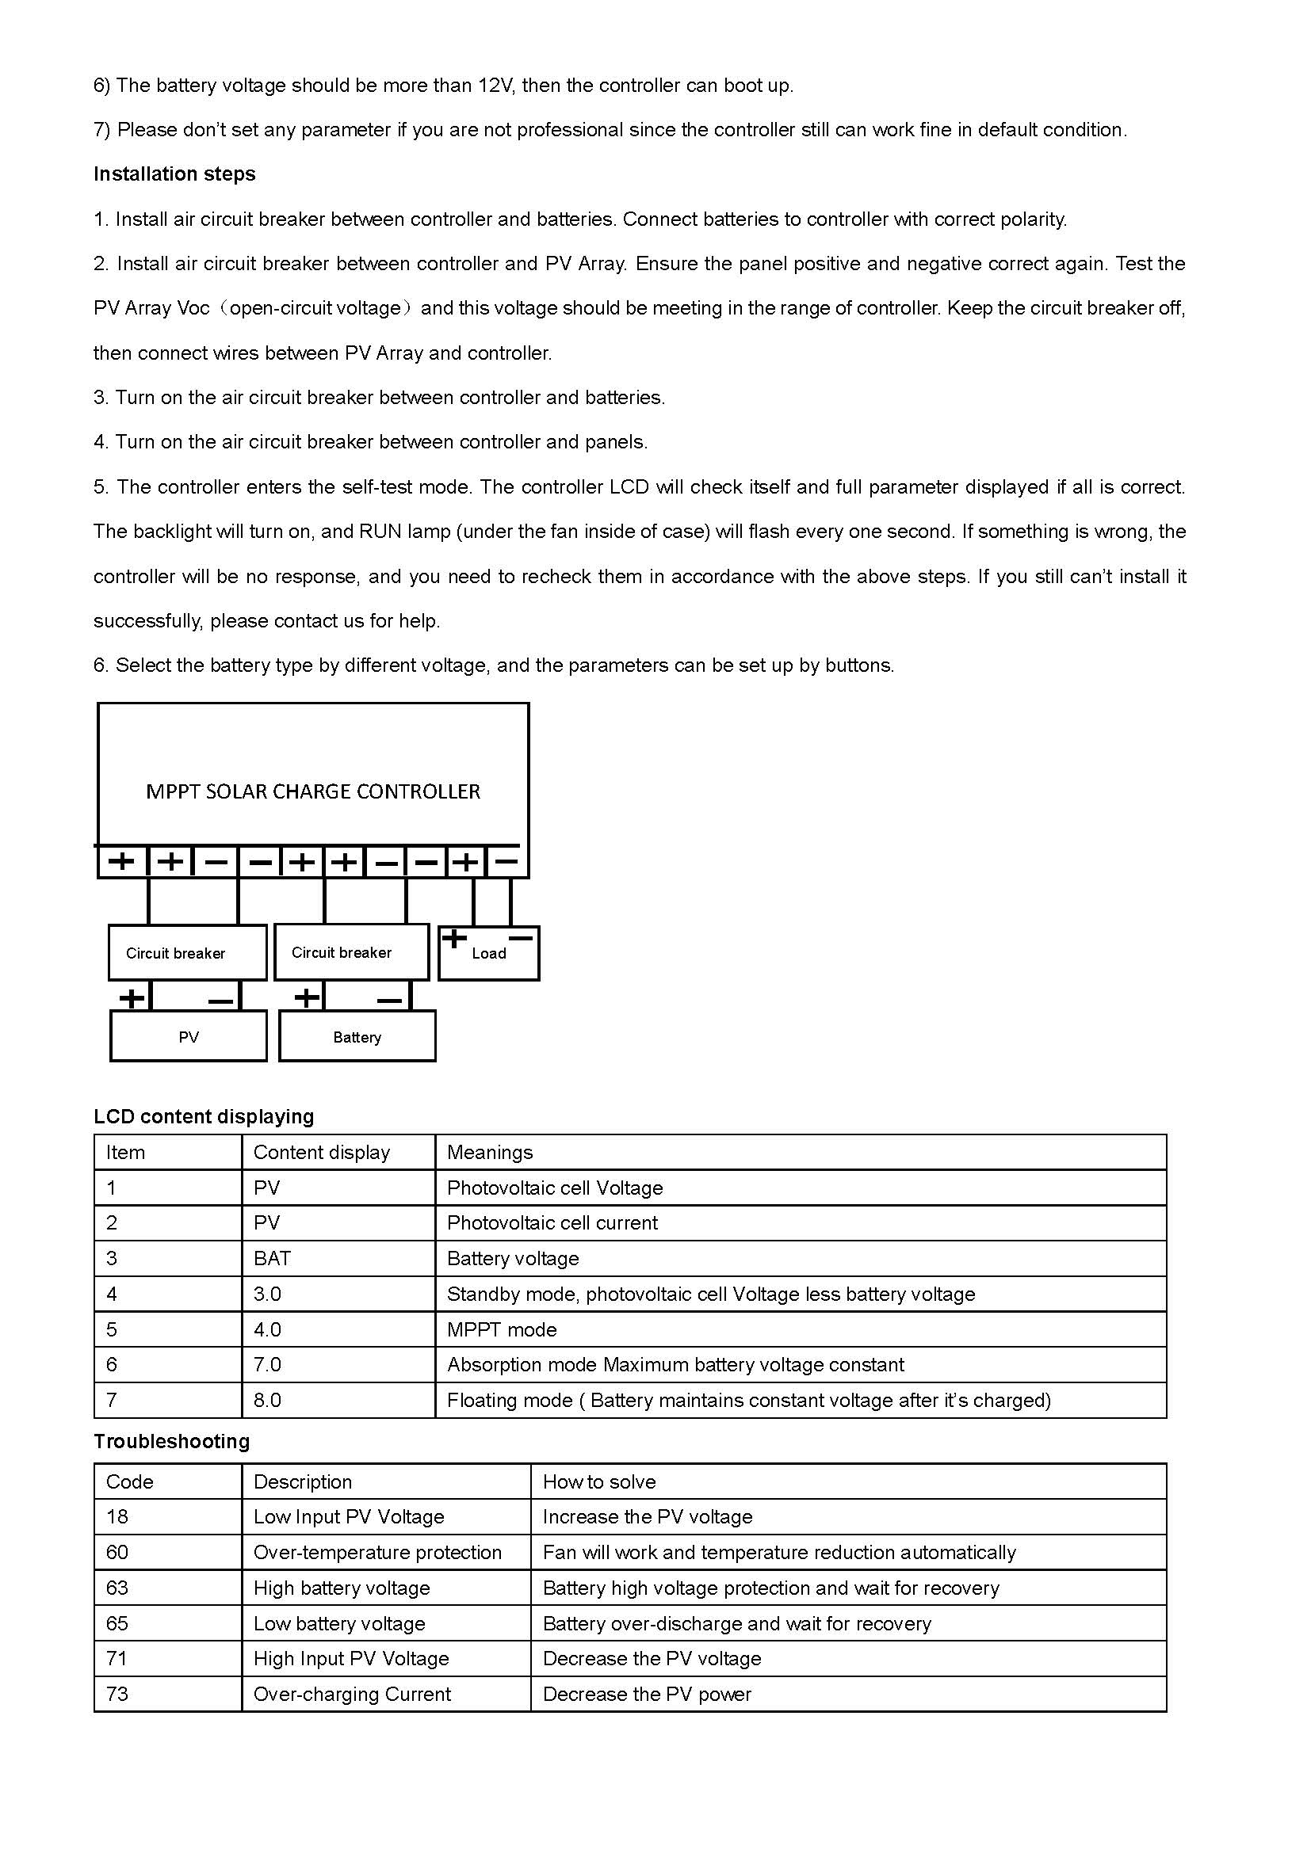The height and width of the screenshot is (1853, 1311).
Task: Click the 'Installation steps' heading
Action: point(174,174)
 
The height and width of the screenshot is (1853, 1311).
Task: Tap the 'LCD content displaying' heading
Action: point(204,1116)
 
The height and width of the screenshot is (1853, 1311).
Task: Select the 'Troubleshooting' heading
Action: point(171,1441)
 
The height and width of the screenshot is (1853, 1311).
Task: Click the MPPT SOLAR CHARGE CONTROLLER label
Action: point(312,791)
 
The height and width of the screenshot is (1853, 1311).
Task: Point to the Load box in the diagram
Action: point(488,954)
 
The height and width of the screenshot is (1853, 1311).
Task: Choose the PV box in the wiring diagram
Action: point(188,1037)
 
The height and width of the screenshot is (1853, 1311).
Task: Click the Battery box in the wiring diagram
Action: point(357,1037)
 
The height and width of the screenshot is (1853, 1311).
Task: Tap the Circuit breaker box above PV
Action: point(175,953)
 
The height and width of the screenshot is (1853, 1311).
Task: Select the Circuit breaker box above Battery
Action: point(342,952)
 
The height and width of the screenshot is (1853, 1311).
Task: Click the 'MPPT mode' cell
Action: point(502,1329)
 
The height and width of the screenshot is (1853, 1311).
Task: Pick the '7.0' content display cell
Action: point(267,1365)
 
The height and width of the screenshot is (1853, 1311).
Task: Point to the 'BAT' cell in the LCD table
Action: point(272,1258)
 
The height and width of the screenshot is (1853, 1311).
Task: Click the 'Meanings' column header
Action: point(490,1153)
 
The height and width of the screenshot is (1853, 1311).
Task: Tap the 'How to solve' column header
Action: point(599,1481)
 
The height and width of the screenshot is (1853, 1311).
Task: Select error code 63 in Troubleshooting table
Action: point(117,1588)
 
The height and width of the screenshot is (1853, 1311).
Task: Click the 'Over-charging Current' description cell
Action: point(352,1694)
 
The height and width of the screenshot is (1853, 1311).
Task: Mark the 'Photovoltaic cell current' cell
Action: point(552,1222)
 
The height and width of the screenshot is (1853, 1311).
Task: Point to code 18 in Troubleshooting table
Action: point(117,1517)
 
